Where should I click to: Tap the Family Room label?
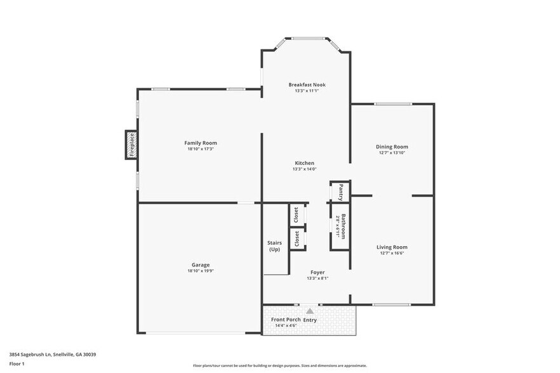201,143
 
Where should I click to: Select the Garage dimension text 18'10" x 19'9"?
201,271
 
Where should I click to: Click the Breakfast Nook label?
307,84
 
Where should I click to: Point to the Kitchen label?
304,163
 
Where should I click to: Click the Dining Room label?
392,147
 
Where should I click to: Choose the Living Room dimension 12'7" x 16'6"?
392,253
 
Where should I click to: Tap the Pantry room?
340,191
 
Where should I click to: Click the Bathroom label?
343,226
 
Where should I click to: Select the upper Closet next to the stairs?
296,215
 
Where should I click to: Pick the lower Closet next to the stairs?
296,239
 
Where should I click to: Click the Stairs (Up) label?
274,245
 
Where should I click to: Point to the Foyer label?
317,272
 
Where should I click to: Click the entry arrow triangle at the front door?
310,311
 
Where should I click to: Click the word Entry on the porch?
310,320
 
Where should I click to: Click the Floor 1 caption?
17,363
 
